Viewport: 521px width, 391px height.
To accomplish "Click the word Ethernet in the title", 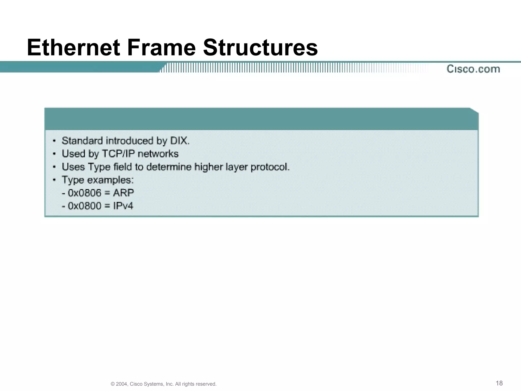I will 73,48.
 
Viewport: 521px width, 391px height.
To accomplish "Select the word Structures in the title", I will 260,48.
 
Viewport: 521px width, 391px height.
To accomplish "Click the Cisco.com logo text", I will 473,69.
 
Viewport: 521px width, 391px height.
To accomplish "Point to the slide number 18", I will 499,383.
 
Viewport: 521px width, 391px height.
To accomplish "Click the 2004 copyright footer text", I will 164,384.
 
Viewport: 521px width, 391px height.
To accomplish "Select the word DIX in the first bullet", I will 179,141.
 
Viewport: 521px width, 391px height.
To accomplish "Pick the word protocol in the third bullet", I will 270,167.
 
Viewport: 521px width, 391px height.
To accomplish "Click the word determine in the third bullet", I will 169,167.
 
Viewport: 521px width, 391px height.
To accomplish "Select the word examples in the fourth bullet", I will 110,180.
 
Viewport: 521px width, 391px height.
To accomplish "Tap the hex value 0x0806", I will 84,193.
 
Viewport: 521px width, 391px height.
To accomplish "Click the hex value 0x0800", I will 84,206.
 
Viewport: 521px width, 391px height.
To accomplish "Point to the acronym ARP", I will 123,193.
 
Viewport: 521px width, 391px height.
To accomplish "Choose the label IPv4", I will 123,206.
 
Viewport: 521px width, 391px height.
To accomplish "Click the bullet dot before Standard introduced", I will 54,141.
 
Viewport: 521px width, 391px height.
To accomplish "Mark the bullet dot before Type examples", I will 54,180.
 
